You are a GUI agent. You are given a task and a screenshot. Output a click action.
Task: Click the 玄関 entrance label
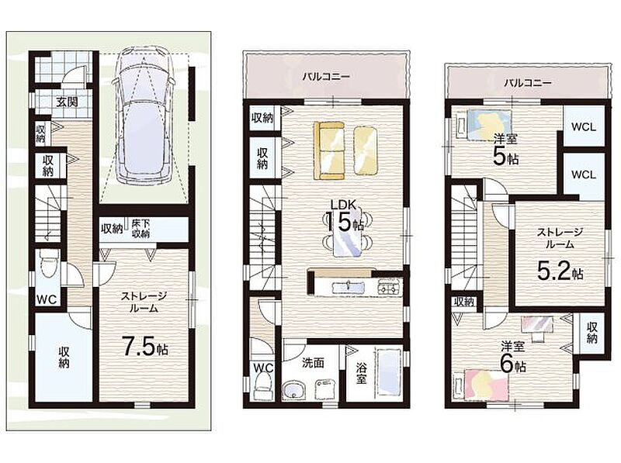click(x=67, y=102)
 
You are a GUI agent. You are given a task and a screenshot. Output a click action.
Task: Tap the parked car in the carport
click(x=144, y=116)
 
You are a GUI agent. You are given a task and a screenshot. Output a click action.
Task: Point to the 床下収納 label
click(x=141, y=228)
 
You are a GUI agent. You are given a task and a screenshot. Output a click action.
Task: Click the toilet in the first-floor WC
click(x=49, y=264)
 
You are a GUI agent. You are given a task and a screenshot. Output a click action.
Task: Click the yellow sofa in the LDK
click(x=328, y=150)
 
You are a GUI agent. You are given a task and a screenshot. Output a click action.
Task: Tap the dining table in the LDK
click(x=347, y=236)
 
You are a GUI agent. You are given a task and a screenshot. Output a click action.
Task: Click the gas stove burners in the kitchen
click(x=390, y=286)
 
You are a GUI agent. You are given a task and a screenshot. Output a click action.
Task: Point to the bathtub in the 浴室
click(x=389, y=372)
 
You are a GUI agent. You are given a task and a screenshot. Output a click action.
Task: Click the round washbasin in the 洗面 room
click(x=293, y=390)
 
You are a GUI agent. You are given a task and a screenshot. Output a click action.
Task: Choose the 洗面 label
click(x=314, y=362)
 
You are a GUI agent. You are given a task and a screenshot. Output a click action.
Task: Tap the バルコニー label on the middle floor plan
click(x=326, y=76)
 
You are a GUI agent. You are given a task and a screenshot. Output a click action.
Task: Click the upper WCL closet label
click(x=584, y=127)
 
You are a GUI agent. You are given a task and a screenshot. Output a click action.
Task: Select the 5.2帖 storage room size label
click(x=560, y=271)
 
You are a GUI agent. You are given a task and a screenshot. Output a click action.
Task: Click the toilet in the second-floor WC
click(x=262, y=386)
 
